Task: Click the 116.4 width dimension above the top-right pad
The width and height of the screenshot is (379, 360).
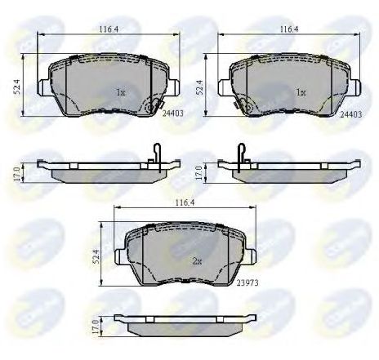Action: (x=287, y=30)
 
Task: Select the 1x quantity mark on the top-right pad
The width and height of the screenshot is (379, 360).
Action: (x=300, y=93)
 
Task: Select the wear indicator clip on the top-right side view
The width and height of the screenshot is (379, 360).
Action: (x=241, y=152)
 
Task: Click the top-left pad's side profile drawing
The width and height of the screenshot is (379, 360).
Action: (x=98, y=171)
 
